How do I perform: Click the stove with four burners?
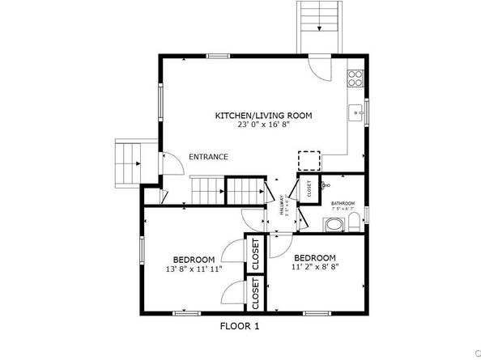point(355,78)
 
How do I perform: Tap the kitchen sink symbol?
point(355,112)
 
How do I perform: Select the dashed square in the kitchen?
point(309,160)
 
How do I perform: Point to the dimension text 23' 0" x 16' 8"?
point(263,125)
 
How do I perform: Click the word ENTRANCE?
point(208,157)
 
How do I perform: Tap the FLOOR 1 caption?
point(240,326)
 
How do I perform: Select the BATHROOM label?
point(343,203)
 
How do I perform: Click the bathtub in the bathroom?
point(333,224)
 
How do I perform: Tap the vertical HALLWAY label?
point(282,205)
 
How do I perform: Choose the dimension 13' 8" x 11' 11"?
point(193,269)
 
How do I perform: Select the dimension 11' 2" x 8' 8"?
point(319,264)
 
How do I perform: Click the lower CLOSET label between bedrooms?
point(257,294)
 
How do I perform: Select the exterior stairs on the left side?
point(128,163)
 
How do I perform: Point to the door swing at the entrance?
point(171,164)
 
